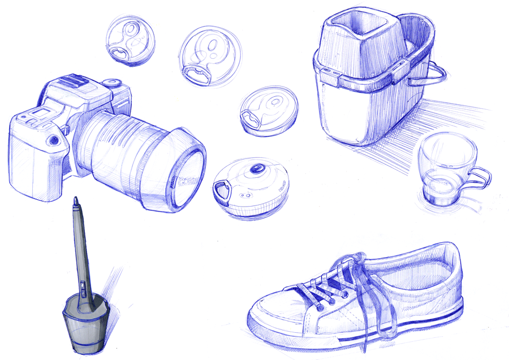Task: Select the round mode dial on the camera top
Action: coord(113,83)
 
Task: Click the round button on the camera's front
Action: coord(55,139)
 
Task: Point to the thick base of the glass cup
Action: coord(439,195)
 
